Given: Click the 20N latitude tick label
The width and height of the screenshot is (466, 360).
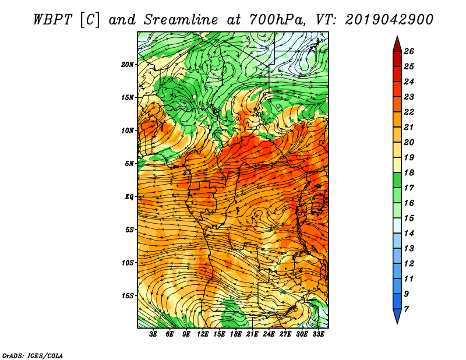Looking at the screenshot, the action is (x=128, y=65).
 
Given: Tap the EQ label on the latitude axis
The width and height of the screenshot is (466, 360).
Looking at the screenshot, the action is (x=129, y=197).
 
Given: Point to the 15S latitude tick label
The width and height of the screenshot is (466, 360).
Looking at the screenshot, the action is (x=128, y=296).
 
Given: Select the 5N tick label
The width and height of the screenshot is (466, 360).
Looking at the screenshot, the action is (x=129, y=164).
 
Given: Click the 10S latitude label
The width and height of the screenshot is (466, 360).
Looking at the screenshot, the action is (x=128, y=263).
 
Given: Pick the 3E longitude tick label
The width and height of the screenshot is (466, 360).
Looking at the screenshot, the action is (x=153, y=334).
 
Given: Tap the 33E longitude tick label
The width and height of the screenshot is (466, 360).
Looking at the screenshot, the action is (x=318, y=334).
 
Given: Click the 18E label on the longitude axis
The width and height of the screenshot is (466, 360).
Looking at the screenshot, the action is (x=236, y=334).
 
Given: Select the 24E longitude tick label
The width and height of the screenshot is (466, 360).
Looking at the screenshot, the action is (x=269, y=334).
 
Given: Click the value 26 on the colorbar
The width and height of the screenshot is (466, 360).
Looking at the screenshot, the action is (x=409, y=51).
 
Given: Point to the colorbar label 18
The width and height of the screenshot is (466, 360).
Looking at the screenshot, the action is (x=409, y=172).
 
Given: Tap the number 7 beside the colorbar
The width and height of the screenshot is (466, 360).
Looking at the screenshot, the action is (x=406, y=309).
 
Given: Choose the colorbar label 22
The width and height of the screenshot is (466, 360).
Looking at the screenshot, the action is (x=409, y=112).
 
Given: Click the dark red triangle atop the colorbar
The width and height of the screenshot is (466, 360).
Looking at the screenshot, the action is (x=397, y=45).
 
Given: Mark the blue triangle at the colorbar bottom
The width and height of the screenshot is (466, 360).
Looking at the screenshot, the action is (x=397, y=316).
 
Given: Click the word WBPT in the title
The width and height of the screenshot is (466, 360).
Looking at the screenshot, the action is (x=52, y=20).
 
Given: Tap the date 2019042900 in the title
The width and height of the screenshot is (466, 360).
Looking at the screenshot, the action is (x=389, y=20).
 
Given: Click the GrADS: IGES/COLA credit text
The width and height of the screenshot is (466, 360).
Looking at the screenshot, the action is (x=33, y=355).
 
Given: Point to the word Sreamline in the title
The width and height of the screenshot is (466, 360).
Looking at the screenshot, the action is (x=181, y=20).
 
